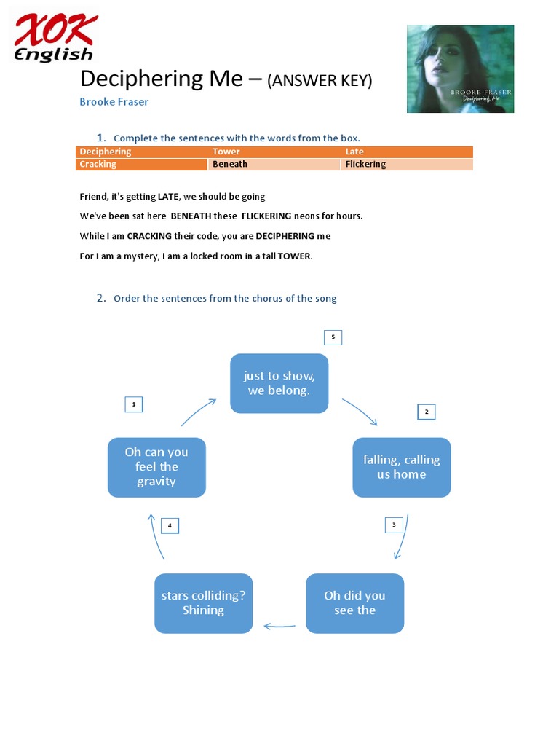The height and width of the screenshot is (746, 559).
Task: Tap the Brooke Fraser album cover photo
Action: click(x=460, y=69)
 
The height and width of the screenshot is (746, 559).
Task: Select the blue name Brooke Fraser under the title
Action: click(x=114, y=102)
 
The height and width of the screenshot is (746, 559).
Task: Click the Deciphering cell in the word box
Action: click(x=141, y=152)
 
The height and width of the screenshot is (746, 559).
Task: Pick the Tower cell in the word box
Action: click(x=274, y=152)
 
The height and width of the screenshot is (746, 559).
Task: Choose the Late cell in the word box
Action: click(x=407, y=152)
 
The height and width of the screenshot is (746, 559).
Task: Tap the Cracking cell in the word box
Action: click(x=141, y=165)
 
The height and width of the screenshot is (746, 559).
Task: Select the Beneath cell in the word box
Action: click(x=274, y=165)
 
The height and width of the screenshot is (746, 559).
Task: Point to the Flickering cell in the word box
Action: click(x=407, y=165)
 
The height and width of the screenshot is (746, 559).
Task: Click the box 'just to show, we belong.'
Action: click(x=279, y=383)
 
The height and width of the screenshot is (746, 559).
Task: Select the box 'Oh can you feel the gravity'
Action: click(x=156, y=467)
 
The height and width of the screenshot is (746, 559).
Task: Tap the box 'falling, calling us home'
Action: click(x=402, y=467)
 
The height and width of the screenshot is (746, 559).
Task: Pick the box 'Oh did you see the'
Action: click(x=354, y=603)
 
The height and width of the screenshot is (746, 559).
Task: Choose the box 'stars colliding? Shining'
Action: click(x=203, y=603)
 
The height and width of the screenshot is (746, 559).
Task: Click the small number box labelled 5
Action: click(x=333, y=337)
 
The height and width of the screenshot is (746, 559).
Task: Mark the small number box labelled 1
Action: click(x=134, y=404)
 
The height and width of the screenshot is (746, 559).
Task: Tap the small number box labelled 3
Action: click(x=394, y=525)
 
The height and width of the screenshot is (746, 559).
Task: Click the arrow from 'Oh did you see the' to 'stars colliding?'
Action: click(x=279, y=625)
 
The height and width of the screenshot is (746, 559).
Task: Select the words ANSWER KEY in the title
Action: click(x=320, y=81)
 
